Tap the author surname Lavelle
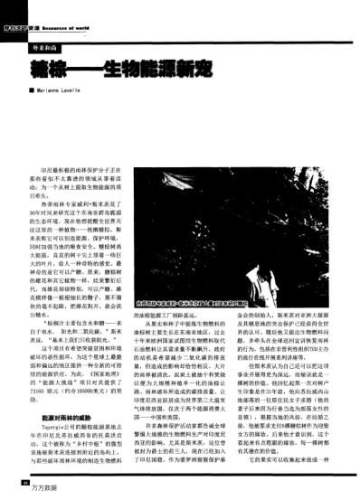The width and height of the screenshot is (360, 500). (84, 90)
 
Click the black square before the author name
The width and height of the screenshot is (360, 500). (32, 90)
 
